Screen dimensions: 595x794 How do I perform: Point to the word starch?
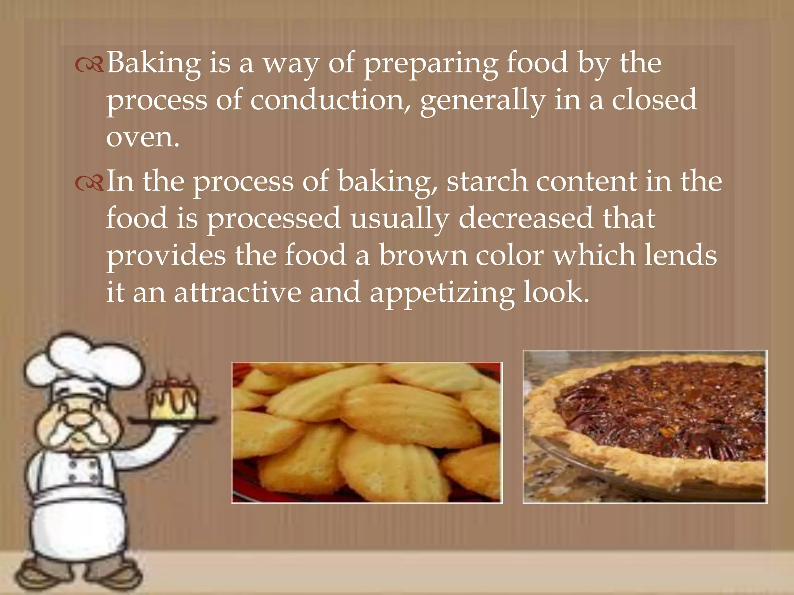tap(487, 181)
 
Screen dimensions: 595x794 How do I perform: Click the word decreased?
tap(526, 218)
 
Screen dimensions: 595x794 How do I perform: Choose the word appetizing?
tap(442, 293)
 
